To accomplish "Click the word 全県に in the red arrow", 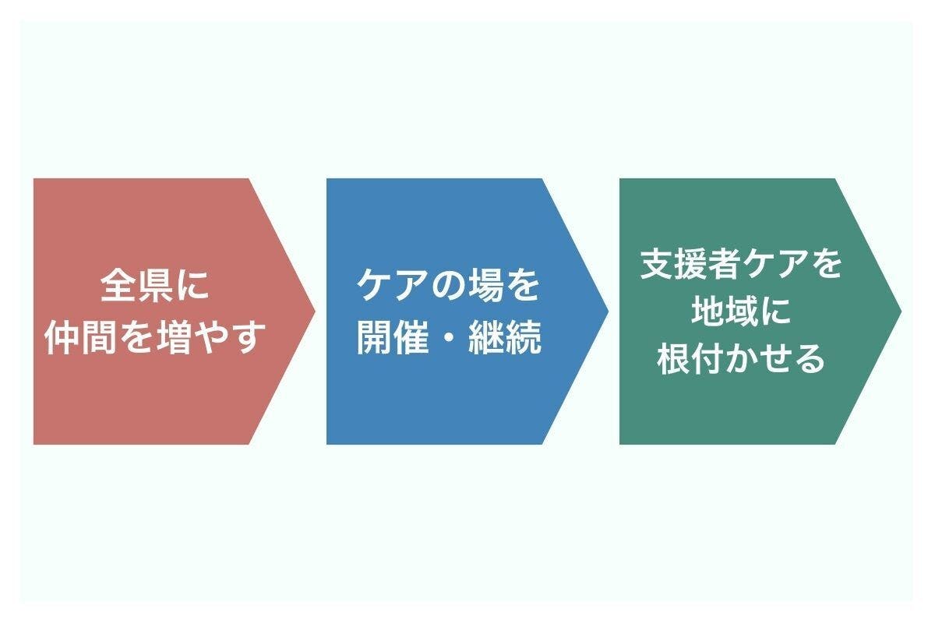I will point(155,286).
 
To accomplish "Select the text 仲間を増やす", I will point(155,336).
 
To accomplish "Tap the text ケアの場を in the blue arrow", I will point(448,286).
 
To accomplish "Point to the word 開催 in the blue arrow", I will point(393,336).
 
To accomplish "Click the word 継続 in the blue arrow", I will point(504,336).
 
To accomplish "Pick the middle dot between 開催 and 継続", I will point(448,337).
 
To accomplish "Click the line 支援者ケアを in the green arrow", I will point(741,264).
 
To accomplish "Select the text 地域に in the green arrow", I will point(741,311).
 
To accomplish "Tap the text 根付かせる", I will point(741,359).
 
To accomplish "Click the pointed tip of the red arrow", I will point(314,311).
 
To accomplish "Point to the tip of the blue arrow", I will point(607,311).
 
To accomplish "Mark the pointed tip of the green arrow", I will point(900,311).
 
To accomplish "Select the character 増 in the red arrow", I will point(192,336).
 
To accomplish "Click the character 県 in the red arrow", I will point(155,286).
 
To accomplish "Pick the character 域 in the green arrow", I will point(741,311).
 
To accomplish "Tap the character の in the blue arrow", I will point(447,286).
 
